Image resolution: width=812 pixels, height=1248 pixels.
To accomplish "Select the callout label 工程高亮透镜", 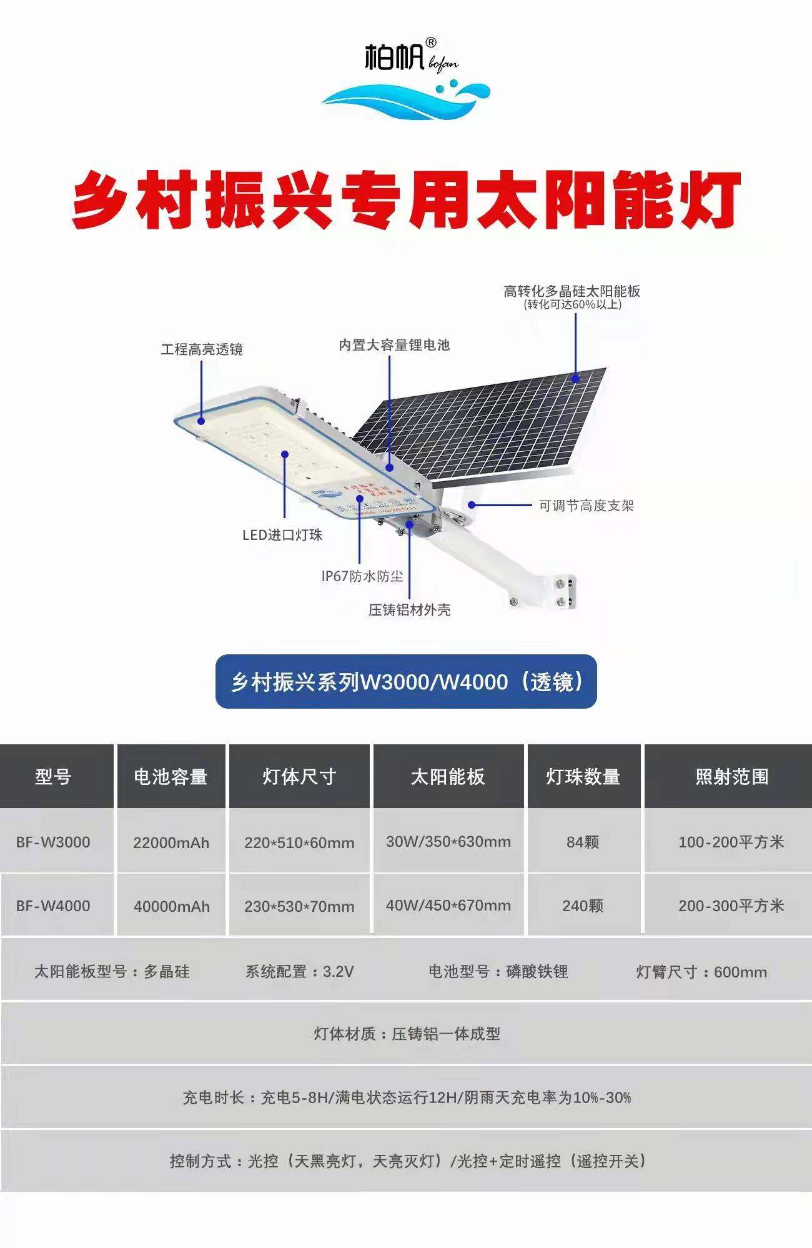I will (201, 349).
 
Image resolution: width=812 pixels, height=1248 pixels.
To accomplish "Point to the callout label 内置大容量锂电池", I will (394, 345).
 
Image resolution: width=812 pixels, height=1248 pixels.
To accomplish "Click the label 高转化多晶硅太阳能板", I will (572, 291).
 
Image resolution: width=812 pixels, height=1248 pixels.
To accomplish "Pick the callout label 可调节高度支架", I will (586, 506).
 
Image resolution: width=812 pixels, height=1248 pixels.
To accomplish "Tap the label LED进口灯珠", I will (282, 535).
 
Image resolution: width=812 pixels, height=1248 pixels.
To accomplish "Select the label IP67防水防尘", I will (362, 576).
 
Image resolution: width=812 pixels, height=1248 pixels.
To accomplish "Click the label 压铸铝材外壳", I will (409, 610).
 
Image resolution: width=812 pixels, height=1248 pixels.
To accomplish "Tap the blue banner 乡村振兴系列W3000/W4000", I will (406, 681).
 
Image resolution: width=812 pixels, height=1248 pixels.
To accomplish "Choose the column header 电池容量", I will (171, 777).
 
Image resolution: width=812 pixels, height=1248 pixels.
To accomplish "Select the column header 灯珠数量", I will (583, 777).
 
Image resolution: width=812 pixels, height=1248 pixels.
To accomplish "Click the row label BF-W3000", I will (53, 842).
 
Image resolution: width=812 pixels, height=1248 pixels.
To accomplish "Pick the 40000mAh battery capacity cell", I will (171, 907).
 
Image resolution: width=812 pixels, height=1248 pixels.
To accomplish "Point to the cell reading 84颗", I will (583, 842).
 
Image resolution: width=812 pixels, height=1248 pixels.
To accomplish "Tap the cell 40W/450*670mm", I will (448, 906).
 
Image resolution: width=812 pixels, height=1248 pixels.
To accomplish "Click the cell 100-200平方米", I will (731, 842).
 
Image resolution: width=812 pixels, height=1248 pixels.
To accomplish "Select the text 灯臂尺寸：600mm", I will (701, 972).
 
